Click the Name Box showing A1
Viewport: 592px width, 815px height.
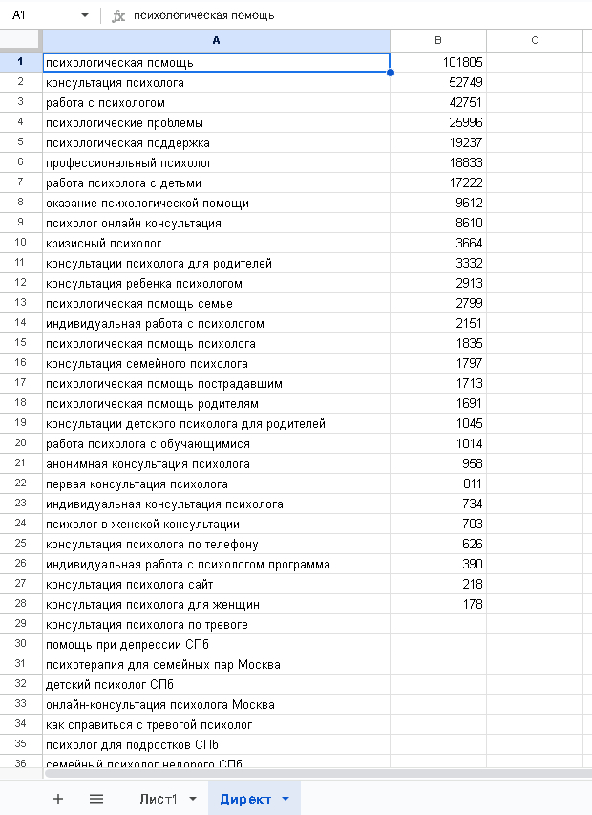pyautogui.click(x=43, y=15)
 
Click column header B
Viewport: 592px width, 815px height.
pyautogui.click(x=438, y=39)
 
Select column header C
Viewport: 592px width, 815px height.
pyautogui.click(x=534, y=39)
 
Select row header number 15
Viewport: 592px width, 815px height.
pyautogui.click(x=20, y=344)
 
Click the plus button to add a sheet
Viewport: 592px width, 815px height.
pyautogui.click(x=58, y=799)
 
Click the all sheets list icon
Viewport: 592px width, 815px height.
pyautogui.click(x=96, y=799)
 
